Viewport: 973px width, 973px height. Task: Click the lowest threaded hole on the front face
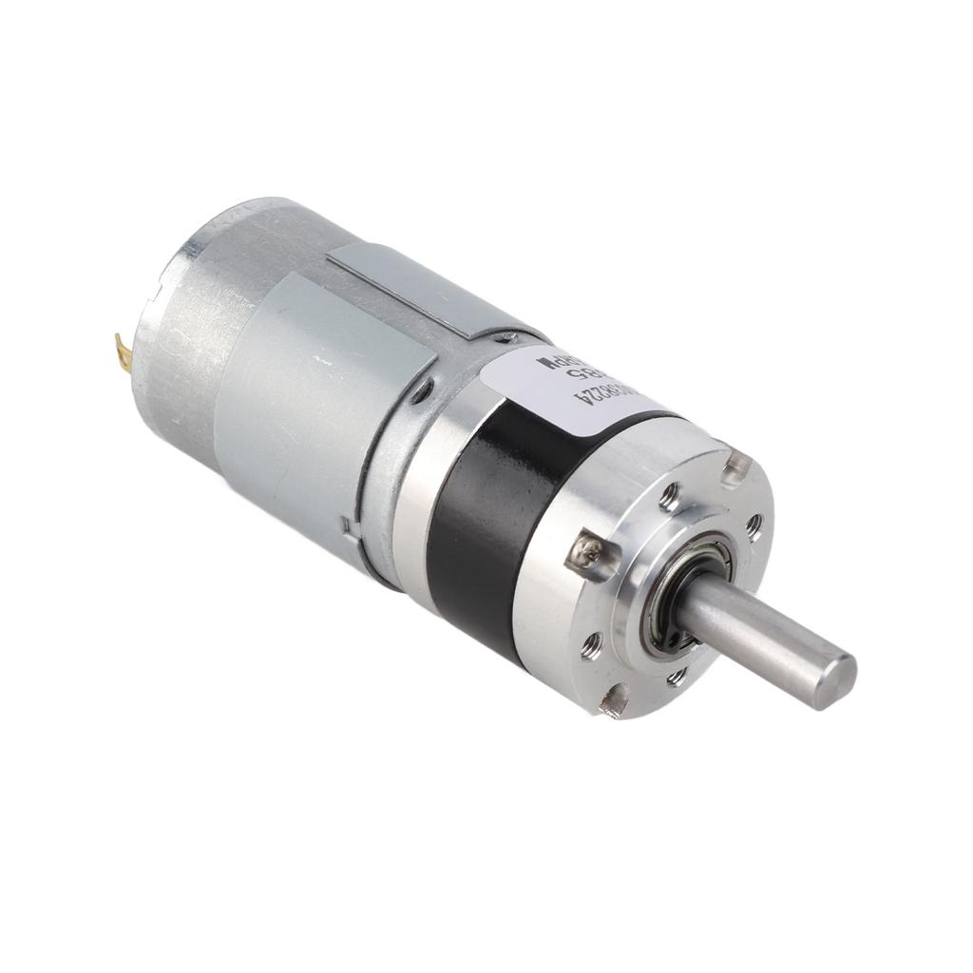(677, 677)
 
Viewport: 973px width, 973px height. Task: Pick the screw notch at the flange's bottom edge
(615, 702)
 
